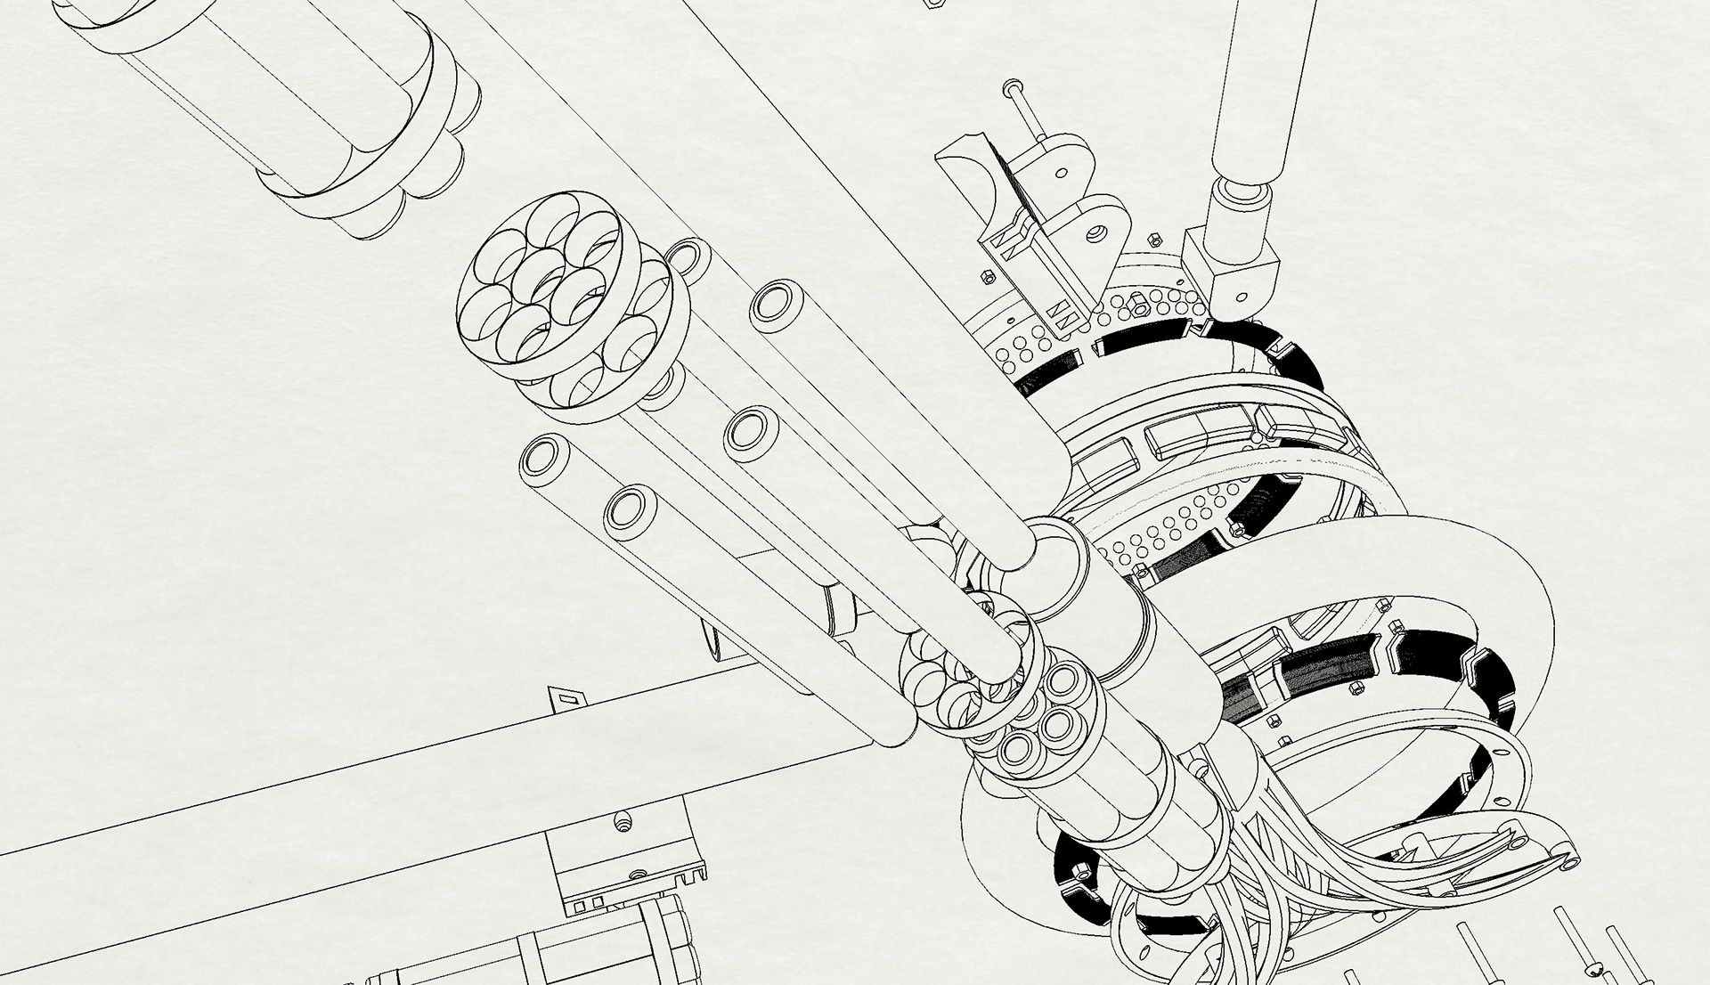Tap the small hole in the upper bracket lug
coord(1062,173)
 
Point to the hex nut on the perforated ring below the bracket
coord(1138,308)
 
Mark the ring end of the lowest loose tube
coord(631,513)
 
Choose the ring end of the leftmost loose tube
coord(544,459)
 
